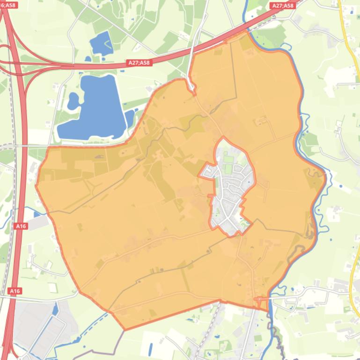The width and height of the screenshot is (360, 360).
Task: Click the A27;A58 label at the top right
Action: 282,6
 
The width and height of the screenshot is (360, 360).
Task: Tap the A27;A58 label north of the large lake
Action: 139,62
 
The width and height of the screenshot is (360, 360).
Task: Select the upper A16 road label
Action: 21,226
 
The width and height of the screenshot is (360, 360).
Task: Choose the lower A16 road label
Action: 15,291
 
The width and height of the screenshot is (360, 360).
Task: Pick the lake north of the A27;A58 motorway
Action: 101,43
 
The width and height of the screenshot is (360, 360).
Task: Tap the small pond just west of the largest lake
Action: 73,100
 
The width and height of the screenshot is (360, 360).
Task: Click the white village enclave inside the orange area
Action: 229,187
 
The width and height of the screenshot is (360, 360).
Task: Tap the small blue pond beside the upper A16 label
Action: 37,214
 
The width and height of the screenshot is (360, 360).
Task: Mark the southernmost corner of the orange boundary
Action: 125,330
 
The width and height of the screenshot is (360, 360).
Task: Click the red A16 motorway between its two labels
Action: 18,257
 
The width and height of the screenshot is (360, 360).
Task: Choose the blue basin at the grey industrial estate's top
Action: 55,309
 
